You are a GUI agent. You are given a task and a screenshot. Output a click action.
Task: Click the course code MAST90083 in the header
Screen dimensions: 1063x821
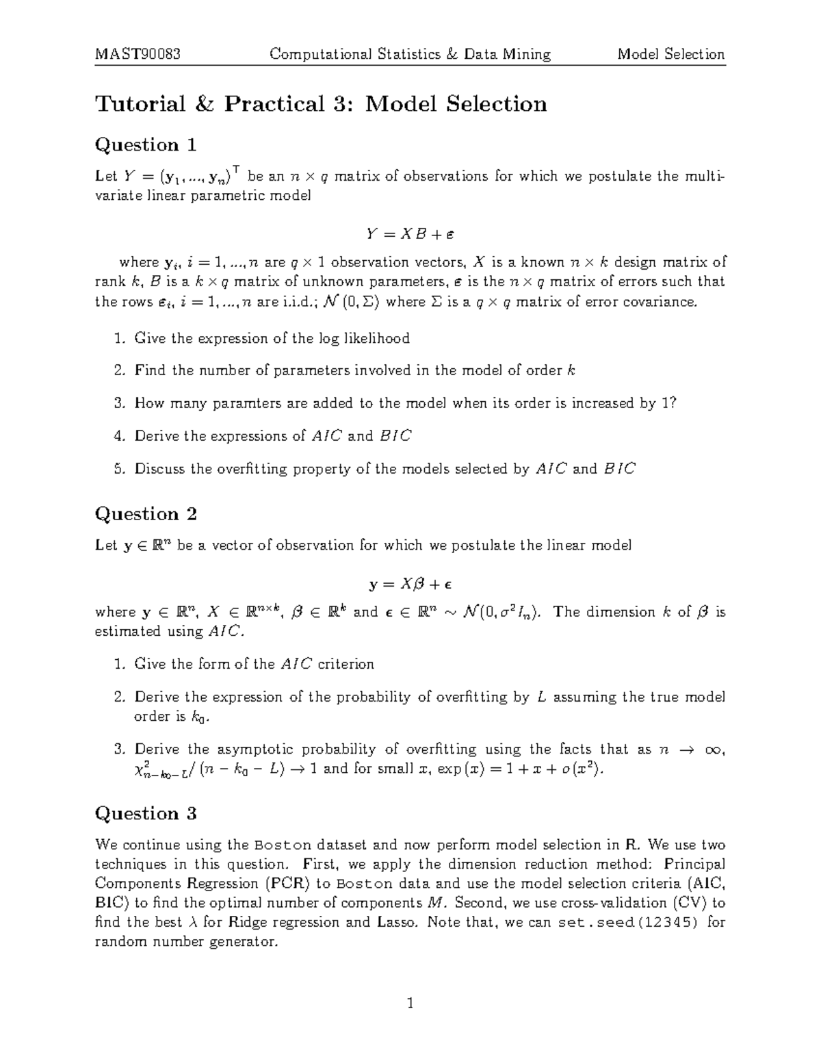(x=138, y=54)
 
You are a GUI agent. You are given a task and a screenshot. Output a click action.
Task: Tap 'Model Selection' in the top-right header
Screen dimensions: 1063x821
(x=670, y=54)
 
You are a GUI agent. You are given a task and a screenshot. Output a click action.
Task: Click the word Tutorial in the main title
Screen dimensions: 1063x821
(x=140, y=104)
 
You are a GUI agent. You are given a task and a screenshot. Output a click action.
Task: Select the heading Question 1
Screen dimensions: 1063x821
(x=146, y=145)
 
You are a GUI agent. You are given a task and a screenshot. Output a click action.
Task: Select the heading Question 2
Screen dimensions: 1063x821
(x=146, y=514)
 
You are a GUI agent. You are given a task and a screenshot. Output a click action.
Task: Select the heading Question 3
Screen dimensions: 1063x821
(x=146, y=813)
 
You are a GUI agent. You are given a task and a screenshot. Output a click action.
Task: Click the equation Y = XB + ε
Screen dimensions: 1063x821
(x=410, y=234)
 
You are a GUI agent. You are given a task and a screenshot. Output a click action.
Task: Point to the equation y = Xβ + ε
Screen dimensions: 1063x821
(x=410, y=585)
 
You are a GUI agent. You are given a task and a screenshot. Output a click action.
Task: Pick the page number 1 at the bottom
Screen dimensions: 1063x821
(x=410, y=1003)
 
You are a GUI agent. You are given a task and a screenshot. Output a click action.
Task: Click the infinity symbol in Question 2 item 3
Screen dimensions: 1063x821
(x=716, y=750)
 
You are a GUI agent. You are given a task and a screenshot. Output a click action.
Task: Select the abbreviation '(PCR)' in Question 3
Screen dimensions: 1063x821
(x=287, y=883)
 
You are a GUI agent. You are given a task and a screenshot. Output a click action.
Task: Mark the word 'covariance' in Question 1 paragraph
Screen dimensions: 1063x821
(x=662, y=302)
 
